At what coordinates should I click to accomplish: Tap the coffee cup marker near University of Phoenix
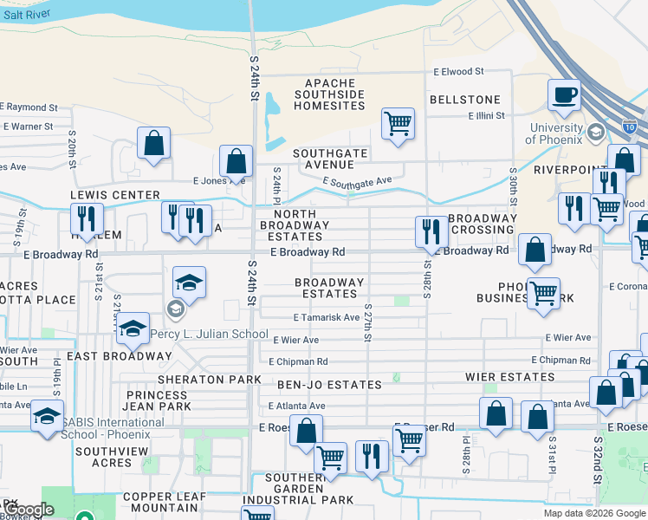(565, 95)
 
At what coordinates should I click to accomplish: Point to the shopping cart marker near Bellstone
(398, 123)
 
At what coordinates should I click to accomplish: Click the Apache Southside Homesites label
(329, 94)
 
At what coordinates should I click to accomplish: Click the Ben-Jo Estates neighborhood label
(329, 384)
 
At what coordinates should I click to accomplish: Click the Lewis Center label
(115, 195)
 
